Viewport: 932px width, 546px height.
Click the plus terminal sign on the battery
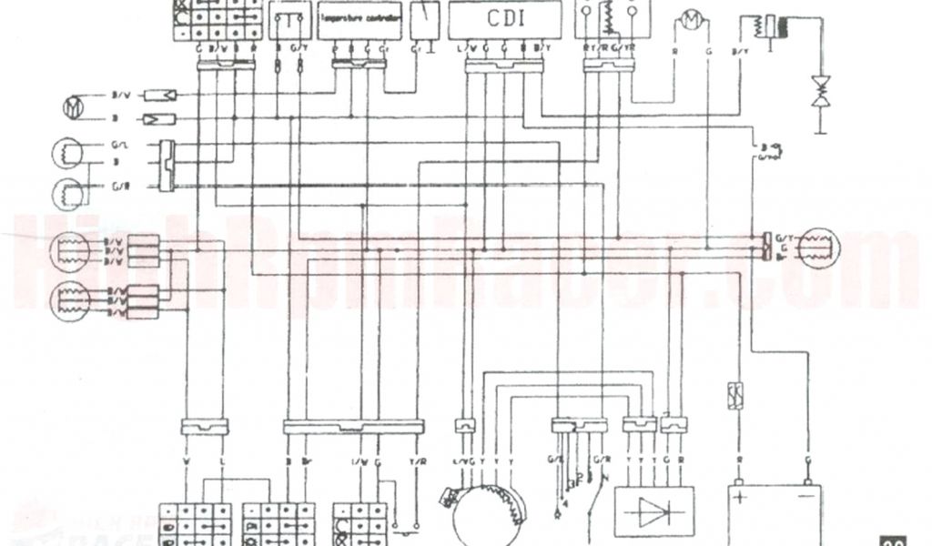click(x=739, y=499)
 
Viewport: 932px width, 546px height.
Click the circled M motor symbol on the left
click(x=73, y=107)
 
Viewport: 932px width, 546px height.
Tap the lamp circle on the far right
click(x=819, y=248)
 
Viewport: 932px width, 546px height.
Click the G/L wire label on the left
click(x=120, y=146)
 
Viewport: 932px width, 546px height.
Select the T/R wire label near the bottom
click(x=418, y=461)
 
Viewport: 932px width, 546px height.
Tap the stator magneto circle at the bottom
click(x=490, y=511)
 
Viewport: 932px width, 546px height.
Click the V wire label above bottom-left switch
click(x=187, y=461)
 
